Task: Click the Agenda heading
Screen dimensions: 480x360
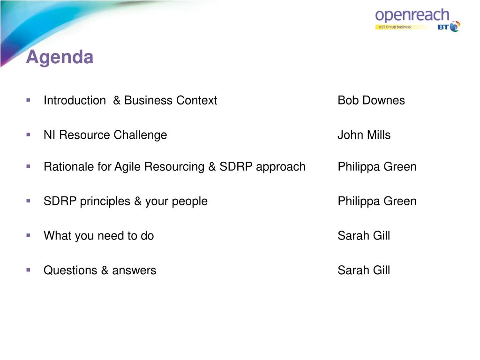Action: tap(60, 57)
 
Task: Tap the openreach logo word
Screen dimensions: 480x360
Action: tap(412, 15)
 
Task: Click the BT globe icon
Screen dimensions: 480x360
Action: tap(455, 26)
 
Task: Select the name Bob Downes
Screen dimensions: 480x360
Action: tap(371, 100)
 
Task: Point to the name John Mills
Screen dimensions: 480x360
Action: tap(364, 135)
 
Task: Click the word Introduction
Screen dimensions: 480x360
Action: tap(75, 100)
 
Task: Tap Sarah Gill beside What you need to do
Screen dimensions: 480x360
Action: tap(364, 236)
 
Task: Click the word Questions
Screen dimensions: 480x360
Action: tap(70, 270)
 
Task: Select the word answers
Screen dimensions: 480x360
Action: tap(134, 271)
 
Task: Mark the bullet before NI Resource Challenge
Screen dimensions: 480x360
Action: tap(29, 135)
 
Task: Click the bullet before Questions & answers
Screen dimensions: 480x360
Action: tap(29, 270)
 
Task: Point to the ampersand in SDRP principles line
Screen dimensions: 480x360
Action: tap(138, 202)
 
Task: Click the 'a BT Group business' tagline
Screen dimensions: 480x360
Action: tap(394, 27)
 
